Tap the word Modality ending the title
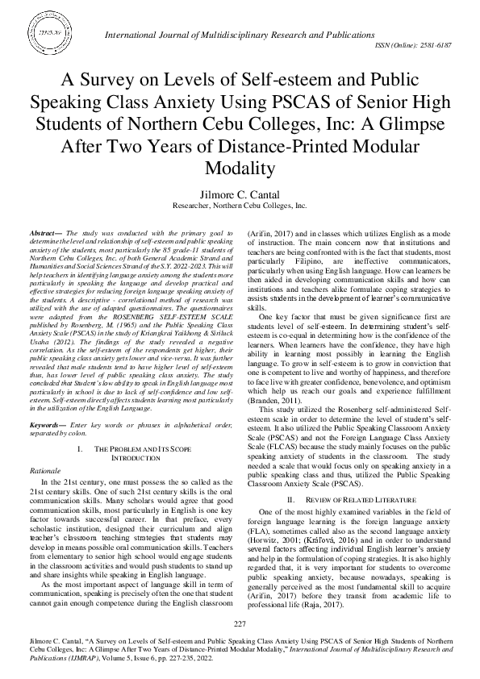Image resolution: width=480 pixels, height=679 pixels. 240,168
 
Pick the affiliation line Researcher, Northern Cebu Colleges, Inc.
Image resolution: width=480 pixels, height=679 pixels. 240,206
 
